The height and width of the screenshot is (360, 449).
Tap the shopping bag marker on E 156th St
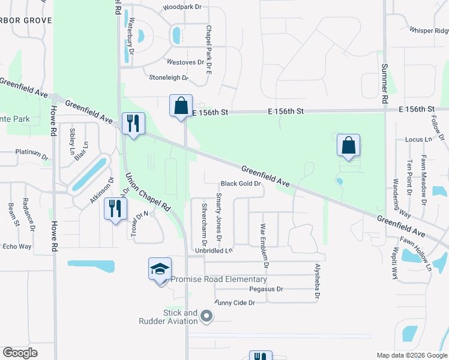(x=181, y=106)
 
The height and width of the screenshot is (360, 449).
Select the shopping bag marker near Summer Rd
(x=348, y=145)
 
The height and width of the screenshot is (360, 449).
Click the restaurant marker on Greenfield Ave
(x=131, y=124)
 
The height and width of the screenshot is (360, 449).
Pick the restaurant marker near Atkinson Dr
(x=113, y=209)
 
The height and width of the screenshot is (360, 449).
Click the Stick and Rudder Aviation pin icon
(x=206, y=316)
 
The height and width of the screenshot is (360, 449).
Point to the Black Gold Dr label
(x=241, y=184)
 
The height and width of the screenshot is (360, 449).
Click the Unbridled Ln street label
(x=212, y=250)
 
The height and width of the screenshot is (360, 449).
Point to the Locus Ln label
(x=419, y=139)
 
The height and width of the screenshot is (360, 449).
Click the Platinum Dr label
(x=31, y=154)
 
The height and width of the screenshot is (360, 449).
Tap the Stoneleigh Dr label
(x=169, y=77)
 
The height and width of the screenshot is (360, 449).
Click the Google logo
(x=20, y=353)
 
